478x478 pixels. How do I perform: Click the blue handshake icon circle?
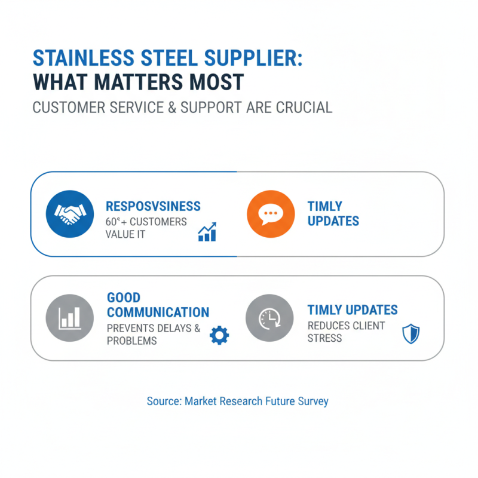pyautogui.click(x=70, y=215)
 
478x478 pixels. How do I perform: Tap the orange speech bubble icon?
pyautogui.click(x=271, y=215)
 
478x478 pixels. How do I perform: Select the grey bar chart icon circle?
pyautogui.click(x=70, y=318)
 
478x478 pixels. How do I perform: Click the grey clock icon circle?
pyautogui.click(x=269, y=318)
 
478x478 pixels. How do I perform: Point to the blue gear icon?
pyautogui.click(x=219, y=335)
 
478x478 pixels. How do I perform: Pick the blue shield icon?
pyautogui.click(x=410, y=334)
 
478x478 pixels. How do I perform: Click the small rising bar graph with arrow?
pyautogui.click(x=207, y=232)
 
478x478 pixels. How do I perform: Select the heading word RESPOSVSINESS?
pyautogui.click(x=153, y=206)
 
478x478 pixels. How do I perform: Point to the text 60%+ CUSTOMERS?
pyautogui.click(x=146, y=222)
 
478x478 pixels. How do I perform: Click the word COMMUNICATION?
pyautogui.click(x=158, y=312)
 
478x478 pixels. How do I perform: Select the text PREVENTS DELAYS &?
pyautogui.click(x=153, y=327)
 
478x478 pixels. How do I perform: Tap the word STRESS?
pyautogui.click(x=325, y=338)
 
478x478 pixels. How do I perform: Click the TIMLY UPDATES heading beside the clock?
pyautogui.click(x=353, y=310)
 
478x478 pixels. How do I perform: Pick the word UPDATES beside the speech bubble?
pyautogui.click(x=333, y=221)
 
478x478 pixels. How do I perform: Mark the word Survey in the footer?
pyautogui.click(x=312, y=402)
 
